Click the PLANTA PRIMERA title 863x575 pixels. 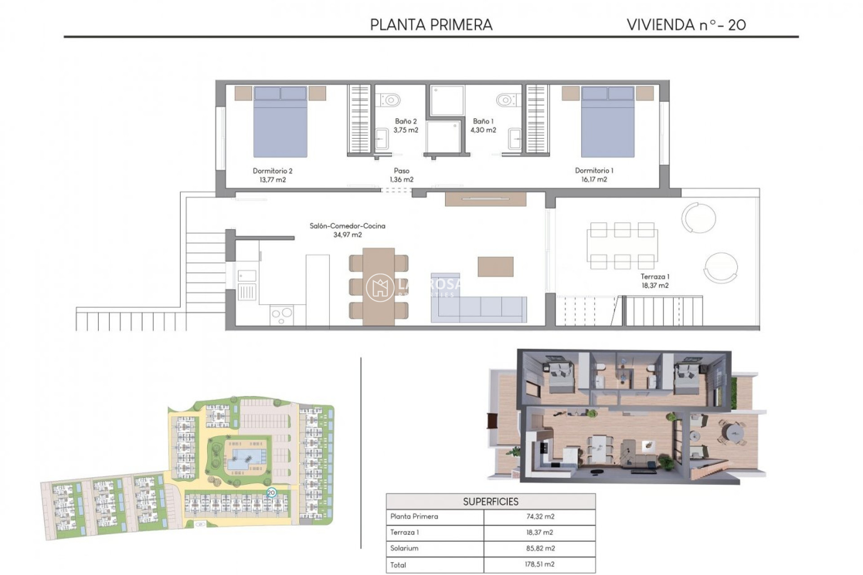(x=431, y=25)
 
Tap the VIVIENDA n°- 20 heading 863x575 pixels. (x=686, y=25)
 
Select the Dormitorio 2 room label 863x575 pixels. (x=272, y=171)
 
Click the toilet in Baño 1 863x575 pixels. (x=506, y=99)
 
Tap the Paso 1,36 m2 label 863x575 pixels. (x=401, y=175)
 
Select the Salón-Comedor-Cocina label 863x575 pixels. (x=347, y=226)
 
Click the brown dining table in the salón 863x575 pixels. (x=378, y=286)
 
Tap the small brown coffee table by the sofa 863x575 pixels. (x=495, y=266)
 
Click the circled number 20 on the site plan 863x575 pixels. (x=271, y=493)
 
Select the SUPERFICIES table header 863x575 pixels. (x=490, y=501)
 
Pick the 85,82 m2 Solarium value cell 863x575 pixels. (x=540, y=548)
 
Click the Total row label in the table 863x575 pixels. (x=398, y=565)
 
